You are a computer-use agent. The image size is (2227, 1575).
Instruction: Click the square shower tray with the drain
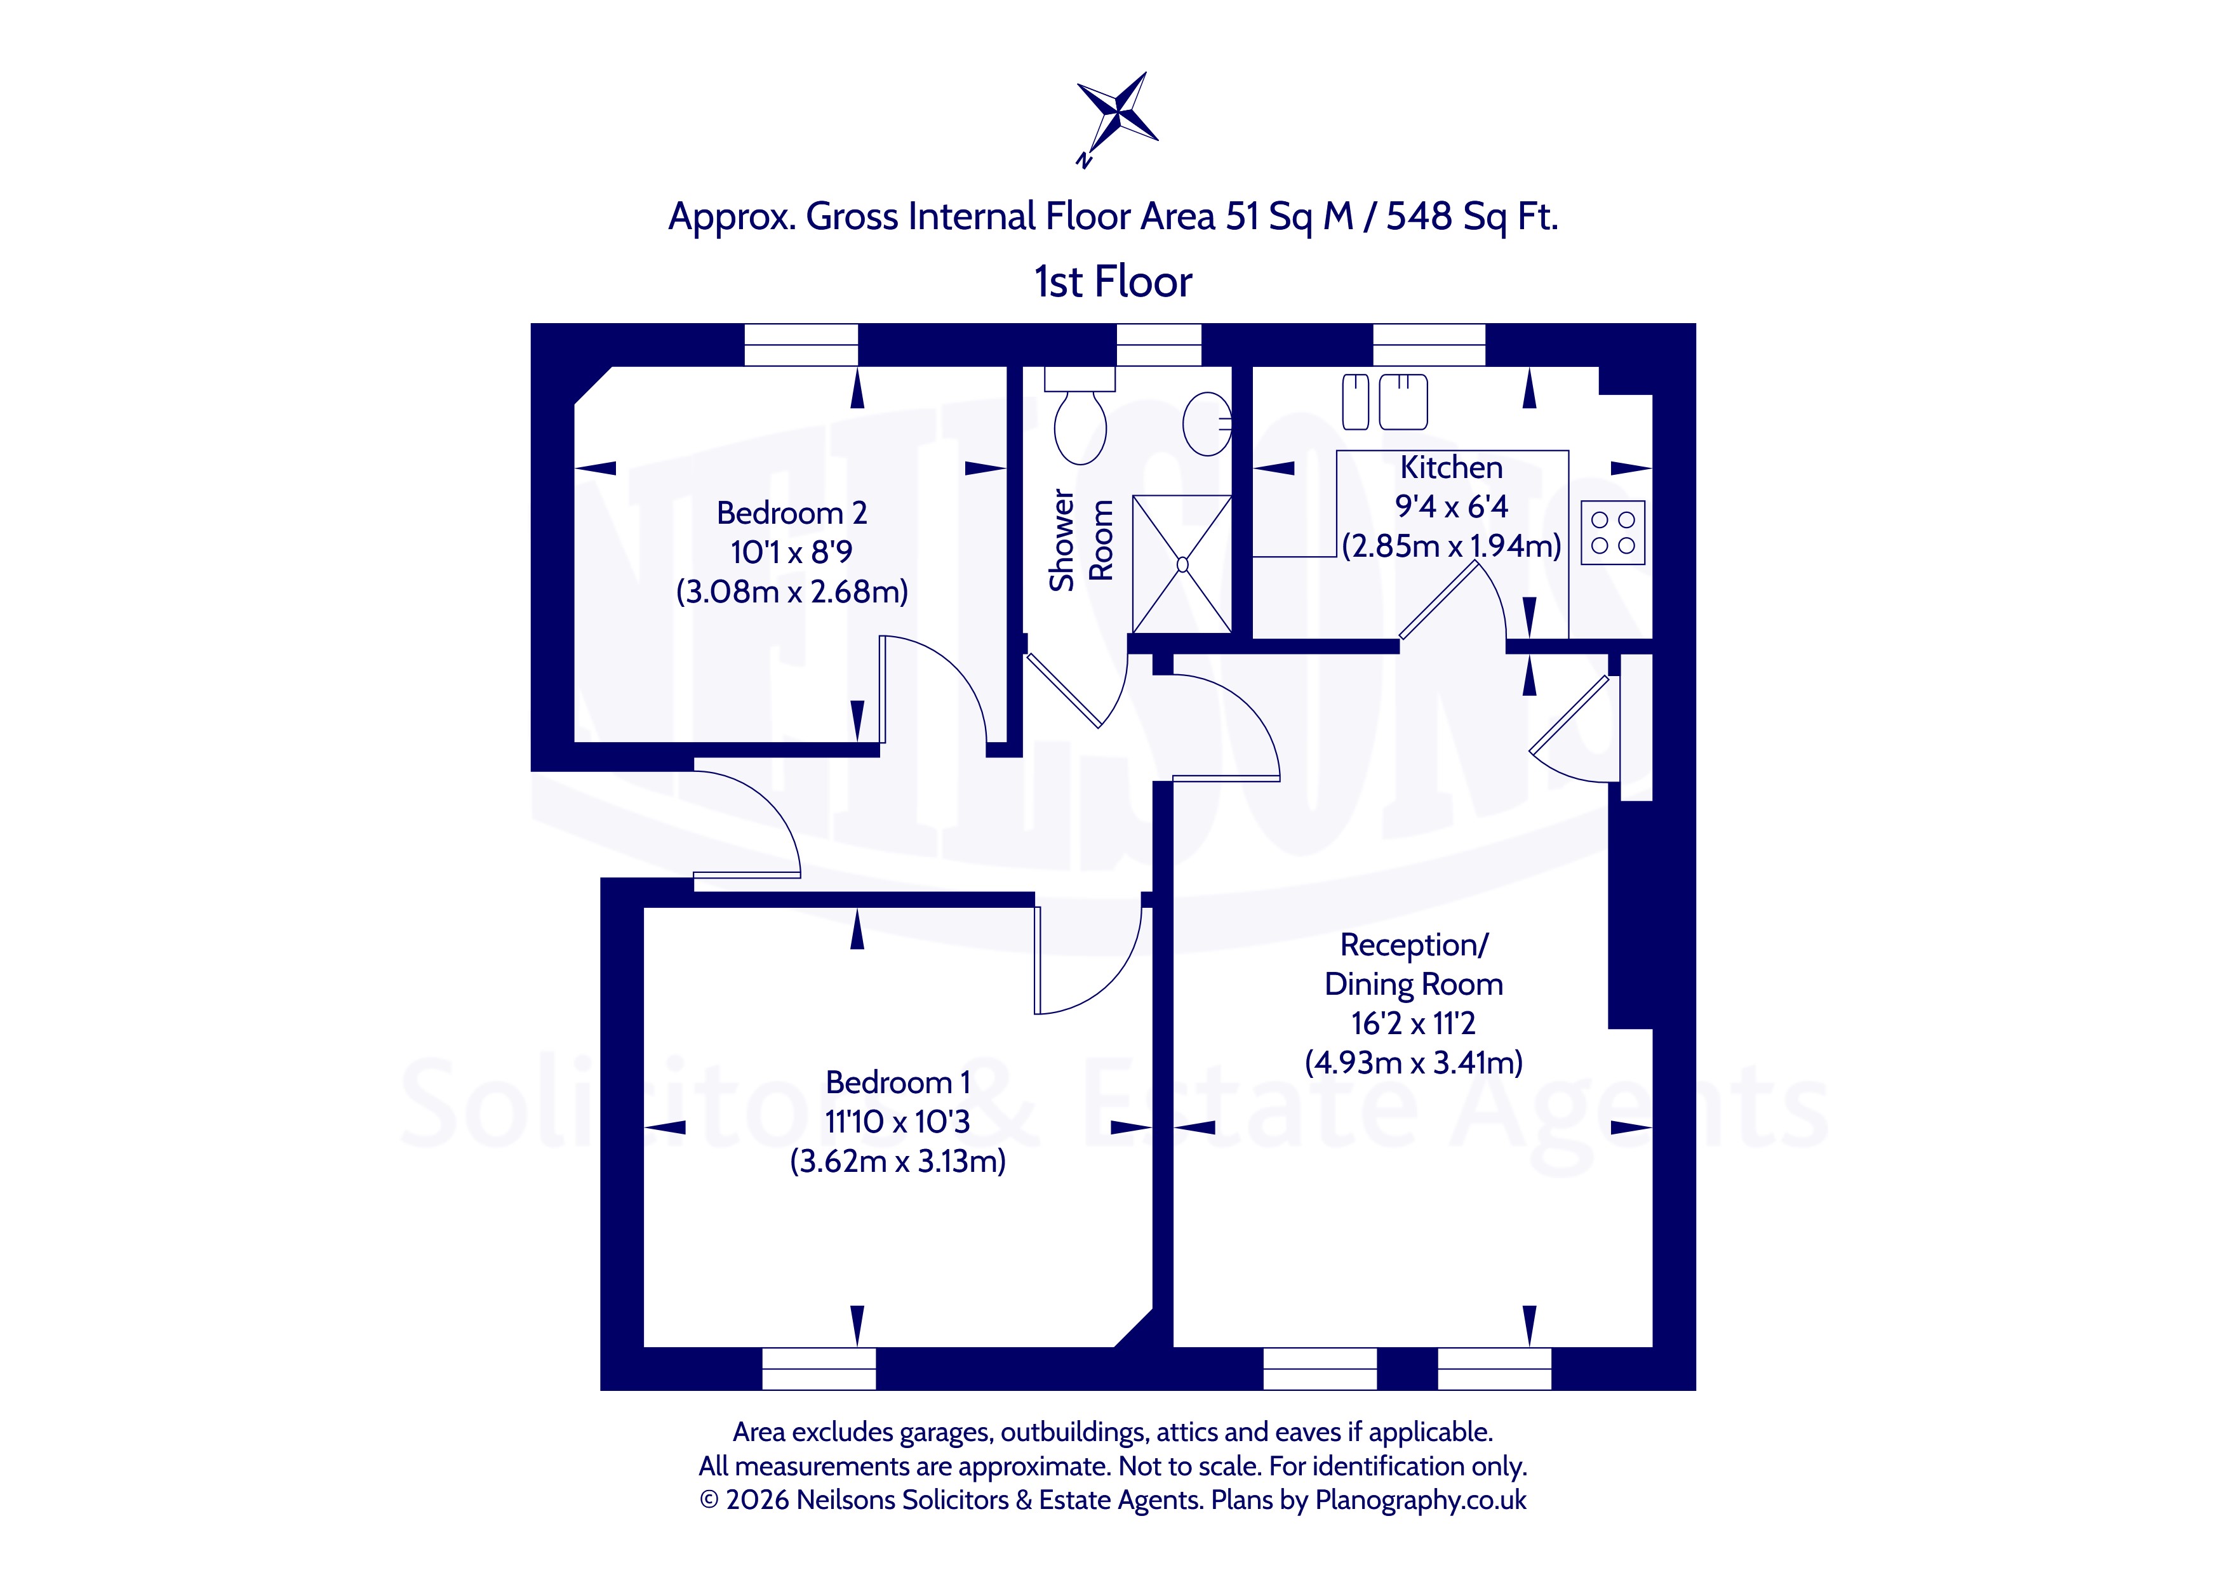[1181, 564]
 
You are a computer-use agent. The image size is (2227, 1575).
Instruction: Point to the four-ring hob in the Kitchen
[1613, 533]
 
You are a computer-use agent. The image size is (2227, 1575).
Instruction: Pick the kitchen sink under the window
[1385, 401]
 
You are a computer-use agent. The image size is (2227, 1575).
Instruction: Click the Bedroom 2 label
[791, 512]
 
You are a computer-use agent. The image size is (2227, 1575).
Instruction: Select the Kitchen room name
[1451, 467]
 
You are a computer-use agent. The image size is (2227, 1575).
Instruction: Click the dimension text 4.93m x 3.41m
[1413, 1063]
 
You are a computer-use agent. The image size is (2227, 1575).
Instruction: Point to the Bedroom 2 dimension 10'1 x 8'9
[791, 552]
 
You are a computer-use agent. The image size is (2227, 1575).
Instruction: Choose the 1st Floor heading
[1113, 281]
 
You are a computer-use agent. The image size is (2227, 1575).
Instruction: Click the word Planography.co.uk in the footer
[1421, 1500]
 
